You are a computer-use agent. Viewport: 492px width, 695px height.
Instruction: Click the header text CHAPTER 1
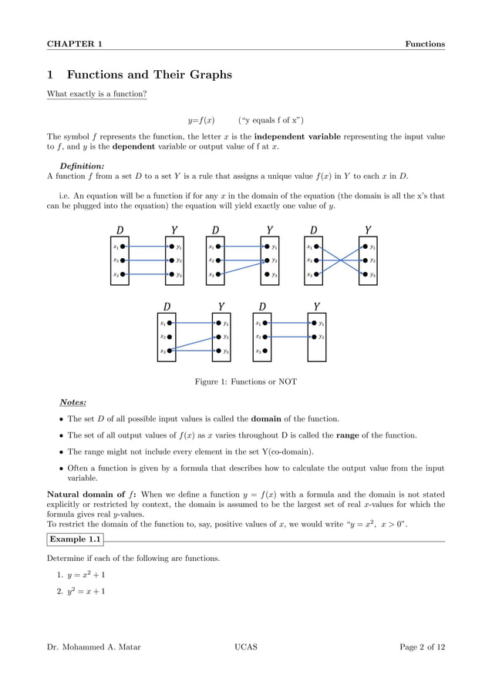75,44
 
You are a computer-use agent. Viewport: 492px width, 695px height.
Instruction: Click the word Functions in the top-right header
425,44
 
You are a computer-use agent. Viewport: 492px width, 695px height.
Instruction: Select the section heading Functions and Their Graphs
149,75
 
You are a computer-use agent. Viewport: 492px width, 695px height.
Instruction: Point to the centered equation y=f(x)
201,120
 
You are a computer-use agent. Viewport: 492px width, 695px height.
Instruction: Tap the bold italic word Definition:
82,165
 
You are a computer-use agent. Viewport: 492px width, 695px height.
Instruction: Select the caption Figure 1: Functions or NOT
245,381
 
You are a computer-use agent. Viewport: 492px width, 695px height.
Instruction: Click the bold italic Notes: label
73,402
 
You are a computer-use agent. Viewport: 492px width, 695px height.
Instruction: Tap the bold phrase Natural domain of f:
93,495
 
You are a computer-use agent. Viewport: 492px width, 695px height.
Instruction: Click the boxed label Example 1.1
76,539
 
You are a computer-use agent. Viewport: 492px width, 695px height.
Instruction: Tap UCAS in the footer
245,647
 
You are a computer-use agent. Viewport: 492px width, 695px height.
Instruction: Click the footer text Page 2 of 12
422,647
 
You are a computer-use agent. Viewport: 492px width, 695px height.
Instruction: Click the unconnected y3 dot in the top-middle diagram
267,274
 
